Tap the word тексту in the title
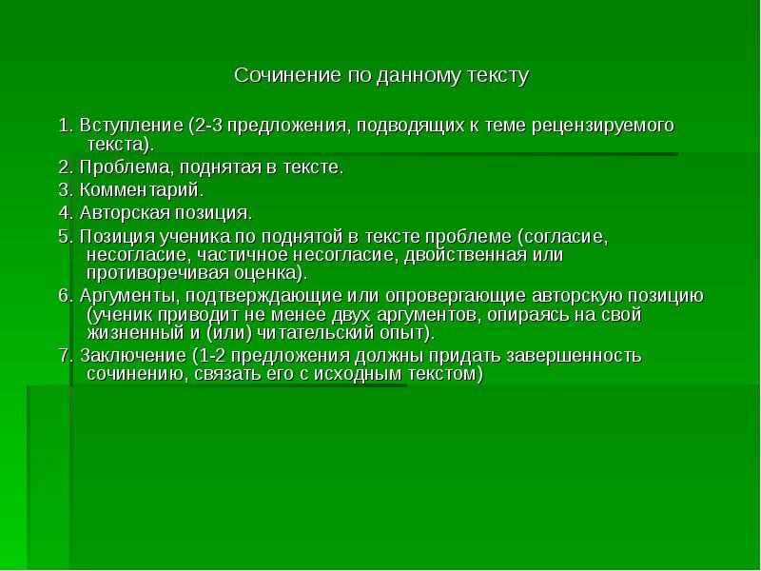[496, 74]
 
